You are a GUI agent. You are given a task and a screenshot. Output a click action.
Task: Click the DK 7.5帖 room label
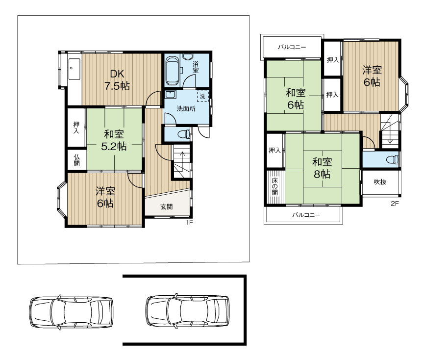pos(117,79)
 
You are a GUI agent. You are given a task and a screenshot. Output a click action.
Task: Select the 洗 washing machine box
pos(203,96)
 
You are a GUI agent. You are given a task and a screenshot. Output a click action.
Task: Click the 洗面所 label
pos(186,108)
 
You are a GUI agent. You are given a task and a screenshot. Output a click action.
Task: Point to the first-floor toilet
pos(185,134)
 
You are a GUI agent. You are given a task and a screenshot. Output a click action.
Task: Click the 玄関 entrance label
pos(167,207)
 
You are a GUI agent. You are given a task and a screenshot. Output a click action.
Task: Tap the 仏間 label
pos(76,160)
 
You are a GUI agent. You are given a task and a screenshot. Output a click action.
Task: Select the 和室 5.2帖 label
pos(114,140)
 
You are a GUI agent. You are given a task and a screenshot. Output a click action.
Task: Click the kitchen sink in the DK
pos(74,69)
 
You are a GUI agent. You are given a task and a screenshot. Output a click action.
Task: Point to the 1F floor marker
pos(189,222)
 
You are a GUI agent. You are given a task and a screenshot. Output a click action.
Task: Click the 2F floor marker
pos(395,204)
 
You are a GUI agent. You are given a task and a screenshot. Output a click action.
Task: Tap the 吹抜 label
pos(380,182)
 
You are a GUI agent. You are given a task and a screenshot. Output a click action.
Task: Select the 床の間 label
pos(274,186)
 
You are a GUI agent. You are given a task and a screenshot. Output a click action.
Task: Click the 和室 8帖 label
pos(322,168)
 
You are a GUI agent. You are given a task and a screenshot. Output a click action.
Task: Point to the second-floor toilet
pos(393,159)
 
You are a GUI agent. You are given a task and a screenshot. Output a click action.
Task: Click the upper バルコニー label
pos(292,47)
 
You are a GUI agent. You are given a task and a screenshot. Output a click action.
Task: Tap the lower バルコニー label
pos(306,215)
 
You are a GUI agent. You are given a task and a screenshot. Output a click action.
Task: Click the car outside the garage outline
pos(71,312)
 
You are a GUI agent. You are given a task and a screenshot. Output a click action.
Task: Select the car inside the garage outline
pos(188,311)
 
